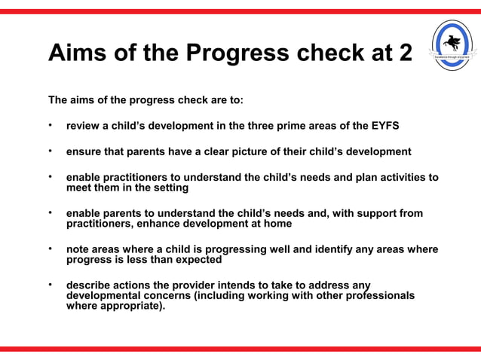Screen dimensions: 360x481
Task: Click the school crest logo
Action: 452,46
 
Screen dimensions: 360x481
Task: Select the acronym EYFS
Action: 383,125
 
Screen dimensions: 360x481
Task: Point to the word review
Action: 84,125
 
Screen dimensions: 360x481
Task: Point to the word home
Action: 276,224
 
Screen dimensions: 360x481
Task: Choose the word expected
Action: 195,260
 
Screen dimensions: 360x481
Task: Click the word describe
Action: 90,285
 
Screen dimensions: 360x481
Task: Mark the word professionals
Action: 375,296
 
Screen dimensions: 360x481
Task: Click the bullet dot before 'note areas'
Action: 51,249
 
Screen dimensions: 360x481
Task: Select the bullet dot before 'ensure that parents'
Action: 51,151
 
